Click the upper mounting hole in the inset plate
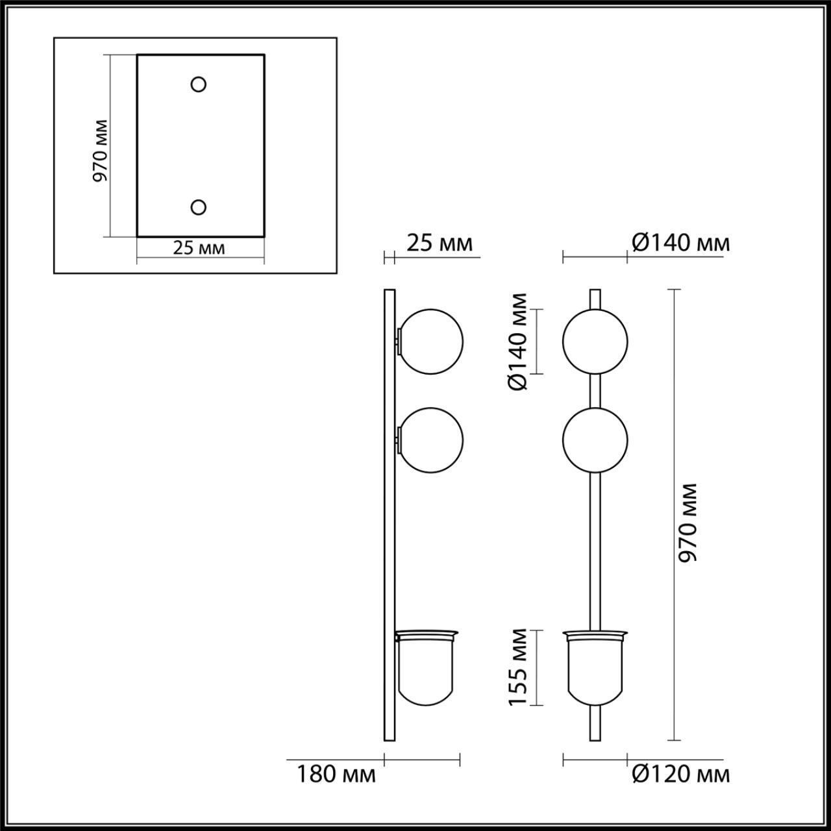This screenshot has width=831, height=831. [198, 84]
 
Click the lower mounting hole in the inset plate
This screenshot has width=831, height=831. [198, 207]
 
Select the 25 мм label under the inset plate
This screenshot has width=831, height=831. [199, 248]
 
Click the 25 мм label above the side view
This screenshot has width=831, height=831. [440, 243]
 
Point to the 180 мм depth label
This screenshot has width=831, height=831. [336, 774]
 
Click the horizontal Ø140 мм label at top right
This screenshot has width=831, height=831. [680, 243]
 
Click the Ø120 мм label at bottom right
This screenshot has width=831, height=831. [680, 774]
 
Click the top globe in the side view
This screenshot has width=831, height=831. [431, 341]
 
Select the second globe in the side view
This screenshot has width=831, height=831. [431, 440]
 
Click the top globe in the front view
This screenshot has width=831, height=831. [595, 341]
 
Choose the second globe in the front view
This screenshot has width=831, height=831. [595, 440]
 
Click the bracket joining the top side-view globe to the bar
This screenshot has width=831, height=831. [397, 341]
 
